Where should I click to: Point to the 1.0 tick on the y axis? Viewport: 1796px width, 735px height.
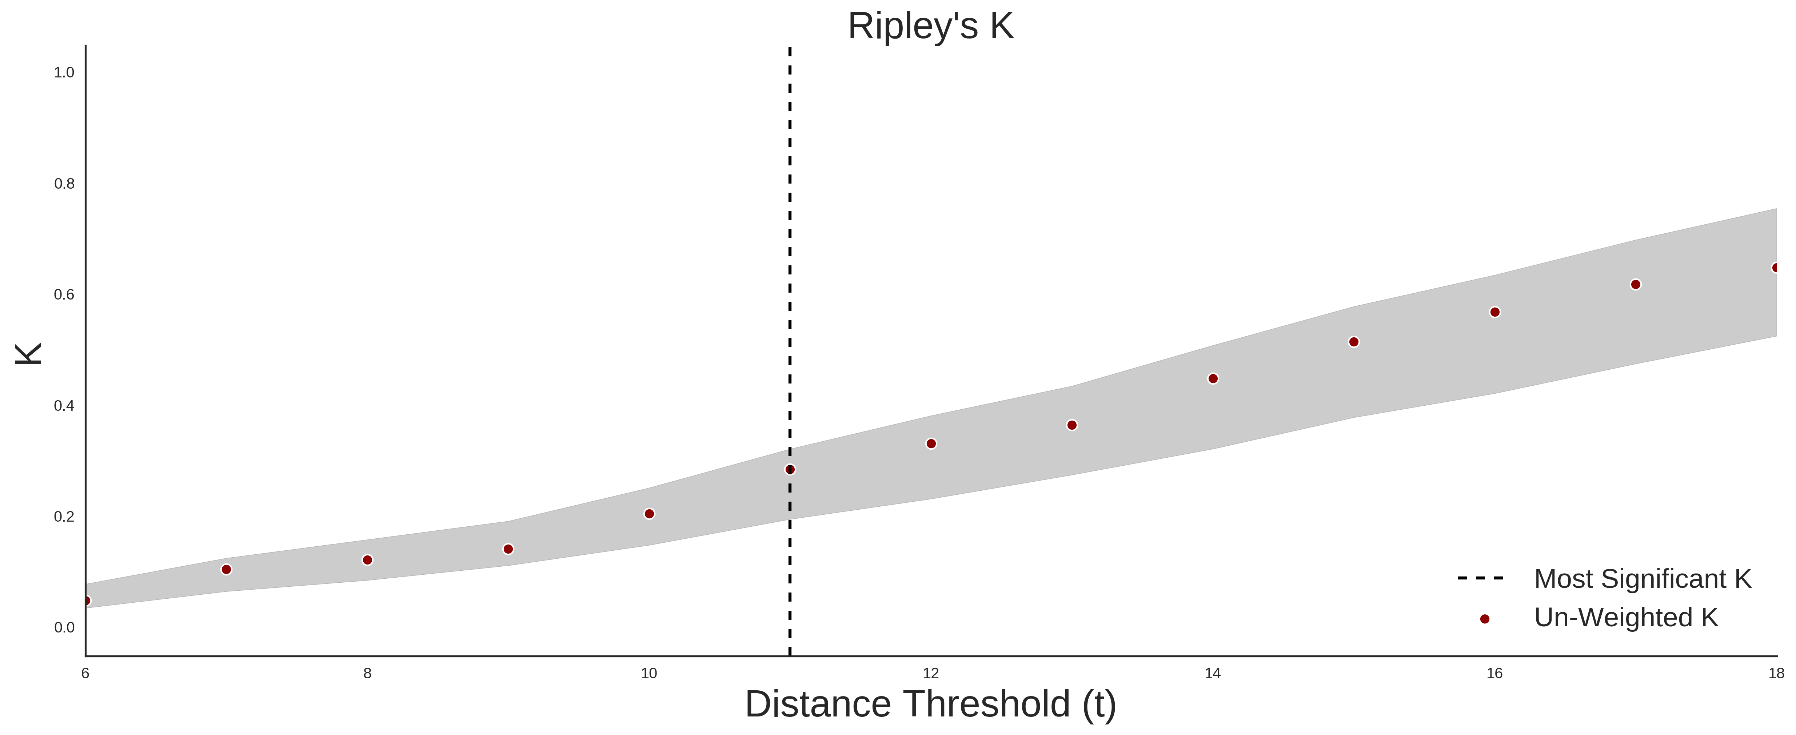[64, 72]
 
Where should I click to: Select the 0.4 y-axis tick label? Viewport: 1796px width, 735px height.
[64, 405]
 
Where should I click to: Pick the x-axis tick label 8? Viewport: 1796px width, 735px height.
[367, 673]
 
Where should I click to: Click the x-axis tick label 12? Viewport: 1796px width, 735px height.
[931, 673]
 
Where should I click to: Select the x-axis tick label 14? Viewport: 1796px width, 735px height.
[1213, 673]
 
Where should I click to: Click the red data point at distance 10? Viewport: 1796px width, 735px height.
[649, 514]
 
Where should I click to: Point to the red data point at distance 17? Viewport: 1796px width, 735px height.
[1636, 284]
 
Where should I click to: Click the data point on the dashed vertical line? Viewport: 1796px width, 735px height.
[790, 470]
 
